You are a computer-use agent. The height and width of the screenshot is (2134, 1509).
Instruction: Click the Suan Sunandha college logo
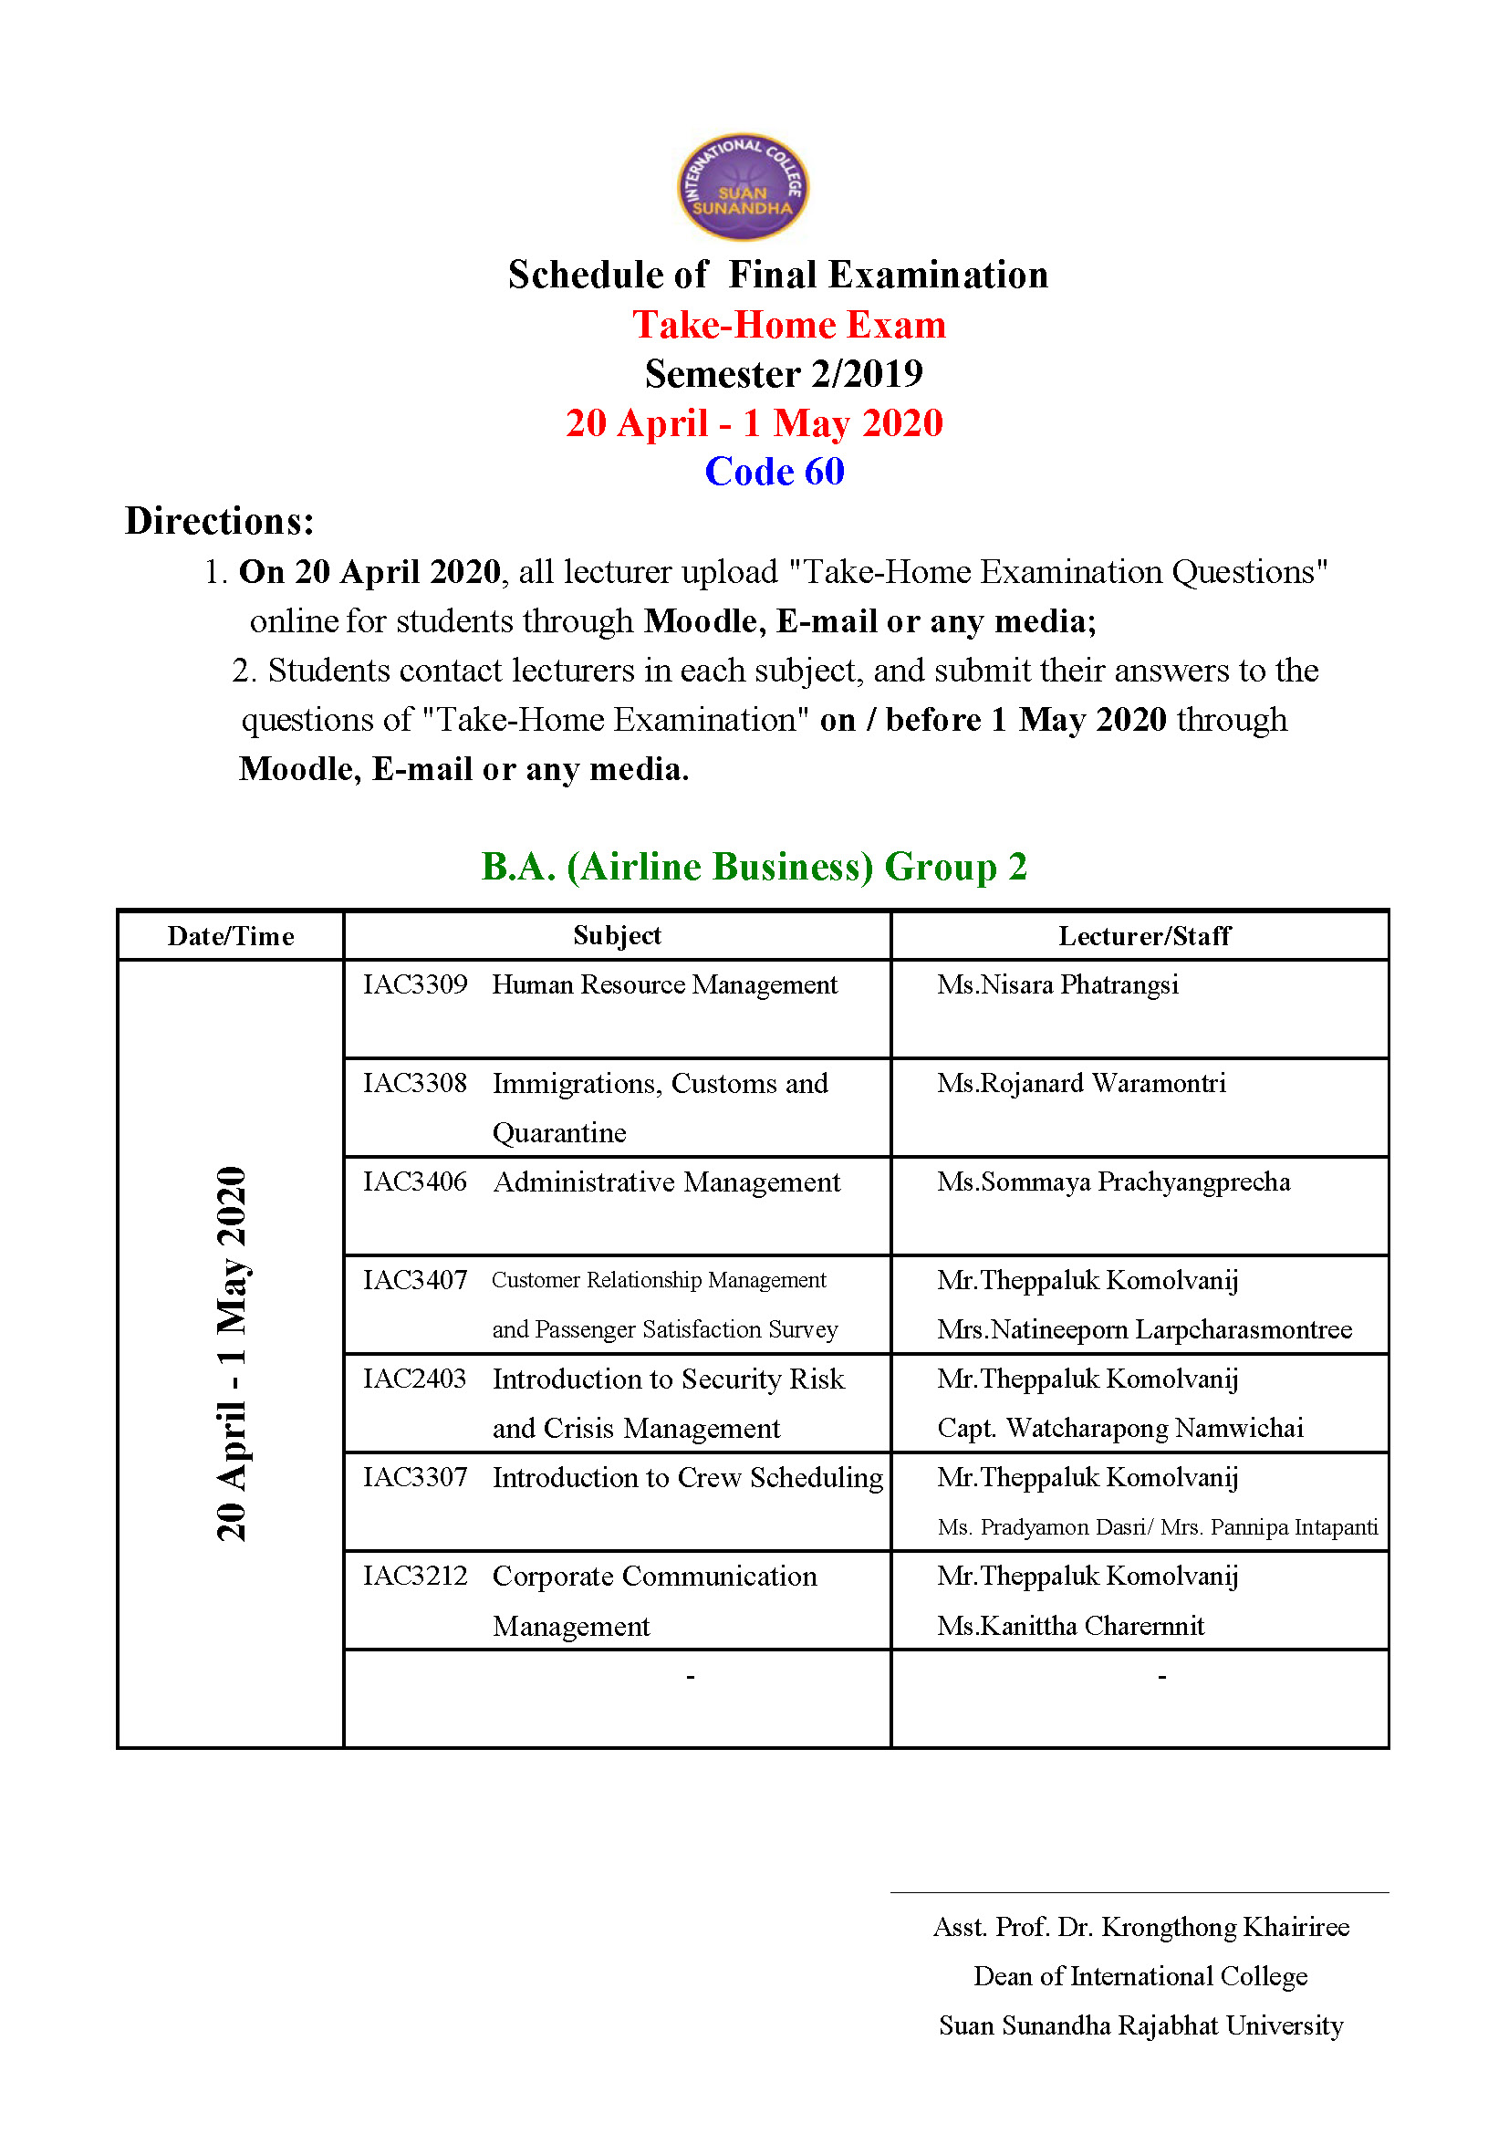pyautogui.click(x=742, y=187)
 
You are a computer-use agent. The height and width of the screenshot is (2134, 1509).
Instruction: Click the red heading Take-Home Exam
pyautogui.click(x=788, y=326)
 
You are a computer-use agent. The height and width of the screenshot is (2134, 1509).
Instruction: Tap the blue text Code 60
pyautogui.click(x=774, y=471)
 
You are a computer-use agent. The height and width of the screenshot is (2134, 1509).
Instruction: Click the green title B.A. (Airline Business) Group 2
pyautogui.click(x=754, y=866)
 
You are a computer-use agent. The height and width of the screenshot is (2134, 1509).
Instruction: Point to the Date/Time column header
pyautogui.click(x=231, y=936)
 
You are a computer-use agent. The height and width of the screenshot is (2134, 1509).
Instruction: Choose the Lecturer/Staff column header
pyautogui.click(x=1144, y=936)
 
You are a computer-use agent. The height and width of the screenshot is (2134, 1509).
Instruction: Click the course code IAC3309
pyautogui.click(x=414, y=984)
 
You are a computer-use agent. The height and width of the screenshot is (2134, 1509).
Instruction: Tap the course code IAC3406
pyautogui.click(x=414, y=1182)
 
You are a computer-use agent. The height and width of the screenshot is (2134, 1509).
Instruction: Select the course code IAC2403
pyautogui.click(x=414, y=1379)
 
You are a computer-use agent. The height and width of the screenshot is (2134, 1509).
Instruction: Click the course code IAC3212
pyautogui.click(x=414, y=1576)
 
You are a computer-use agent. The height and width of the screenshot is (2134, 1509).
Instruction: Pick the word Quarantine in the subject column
pyautogui.click(x=559, y=1133)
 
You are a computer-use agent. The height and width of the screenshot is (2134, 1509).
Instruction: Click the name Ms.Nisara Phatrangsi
pyautogui.click(x=1057, y=984)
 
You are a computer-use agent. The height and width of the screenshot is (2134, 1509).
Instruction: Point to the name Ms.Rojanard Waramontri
pyautogui.click(x=1080, y=1083)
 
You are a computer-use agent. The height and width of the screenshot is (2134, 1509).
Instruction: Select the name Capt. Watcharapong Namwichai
pyautogui.click(x=1119, y=1428)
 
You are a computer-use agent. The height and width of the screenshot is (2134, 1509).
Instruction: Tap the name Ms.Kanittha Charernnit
pyautogui.click(x=1070, y=1626)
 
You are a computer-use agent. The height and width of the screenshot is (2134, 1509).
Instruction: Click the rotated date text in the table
pyautogui.click(x=231, y=1352)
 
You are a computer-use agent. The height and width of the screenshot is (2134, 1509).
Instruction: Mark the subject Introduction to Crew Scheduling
pyautogui.click(x=688, y=1477)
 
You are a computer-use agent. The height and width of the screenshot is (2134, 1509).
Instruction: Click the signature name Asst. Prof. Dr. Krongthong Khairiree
pyautogui.click(x=1141, y=1927)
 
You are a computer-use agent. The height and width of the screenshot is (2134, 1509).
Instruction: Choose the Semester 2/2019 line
pyautogui.click(x=784, y=374)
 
